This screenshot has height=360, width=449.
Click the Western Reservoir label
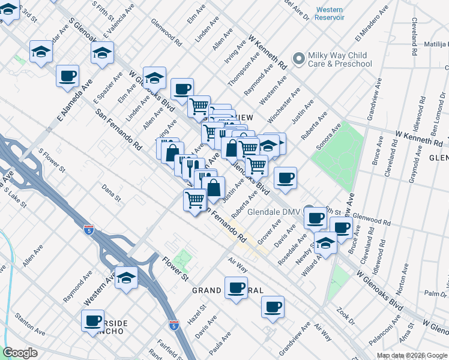tap(330, 13)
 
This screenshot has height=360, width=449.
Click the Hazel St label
tap(196, 315)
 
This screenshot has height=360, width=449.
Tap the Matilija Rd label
tap(435, 44)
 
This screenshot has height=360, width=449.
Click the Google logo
tap(20, 352)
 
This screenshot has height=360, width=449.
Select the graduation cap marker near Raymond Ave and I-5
tap(127, 277)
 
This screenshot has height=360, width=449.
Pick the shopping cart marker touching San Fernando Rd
tap(195, 199)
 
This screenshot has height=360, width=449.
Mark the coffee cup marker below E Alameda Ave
tap(67, 76)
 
